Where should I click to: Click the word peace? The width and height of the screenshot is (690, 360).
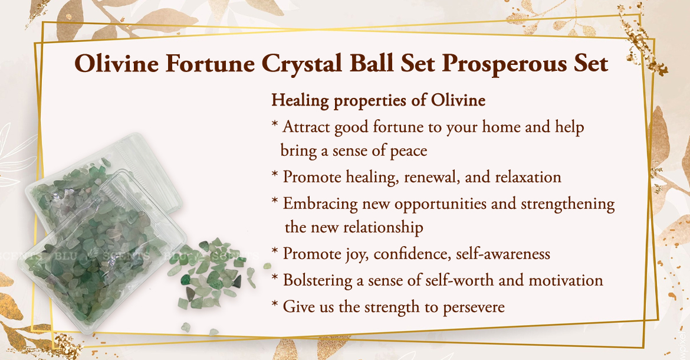[408, 151]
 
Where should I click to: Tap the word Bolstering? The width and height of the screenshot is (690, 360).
[318, 281]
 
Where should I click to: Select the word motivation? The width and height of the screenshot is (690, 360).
[566, 280]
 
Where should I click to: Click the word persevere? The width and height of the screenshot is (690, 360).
[474, 307]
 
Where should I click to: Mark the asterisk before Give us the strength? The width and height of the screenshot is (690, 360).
[275, 305]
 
